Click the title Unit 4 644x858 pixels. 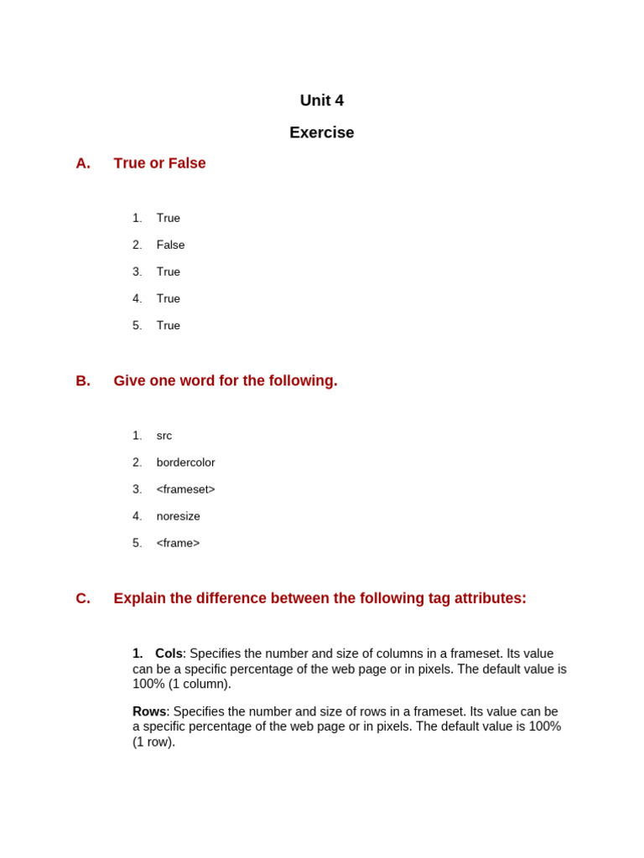321,101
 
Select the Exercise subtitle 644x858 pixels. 321,132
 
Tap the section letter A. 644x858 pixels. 82,163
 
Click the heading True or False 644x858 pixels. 159,163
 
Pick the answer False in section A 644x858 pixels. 170,245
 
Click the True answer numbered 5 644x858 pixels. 168,325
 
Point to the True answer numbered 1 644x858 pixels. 168,218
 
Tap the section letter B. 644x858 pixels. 82,381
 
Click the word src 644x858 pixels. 164,436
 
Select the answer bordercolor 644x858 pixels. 185,463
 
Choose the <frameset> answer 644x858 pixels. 185,489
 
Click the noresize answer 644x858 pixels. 178,516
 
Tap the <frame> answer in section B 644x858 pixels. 178,543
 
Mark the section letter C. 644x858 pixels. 82,599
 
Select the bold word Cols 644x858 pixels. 169,654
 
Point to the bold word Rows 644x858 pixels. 149,711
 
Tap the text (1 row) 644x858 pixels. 153,742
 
